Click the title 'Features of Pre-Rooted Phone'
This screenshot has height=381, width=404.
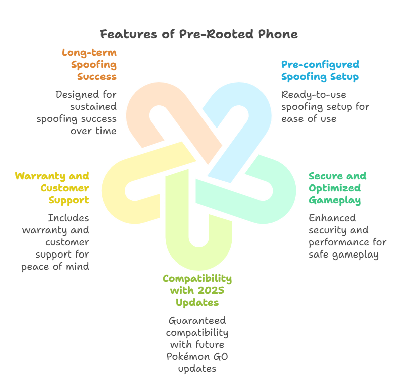pos(198,34)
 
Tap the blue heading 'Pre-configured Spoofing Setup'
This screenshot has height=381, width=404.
pos(320,71)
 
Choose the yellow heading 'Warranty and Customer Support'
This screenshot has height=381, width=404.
pos(53,188)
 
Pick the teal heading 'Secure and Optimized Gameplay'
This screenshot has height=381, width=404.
pos(337,188)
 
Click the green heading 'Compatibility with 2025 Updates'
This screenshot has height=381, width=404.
pos(197,291)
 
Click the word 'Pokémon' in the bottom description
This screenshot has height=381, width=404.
pos(185,357)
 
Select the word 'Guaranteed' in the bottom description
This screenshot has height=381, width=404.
pos(197,320)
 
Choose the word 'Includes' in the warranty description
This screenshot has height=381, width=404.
pos(68,218)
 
